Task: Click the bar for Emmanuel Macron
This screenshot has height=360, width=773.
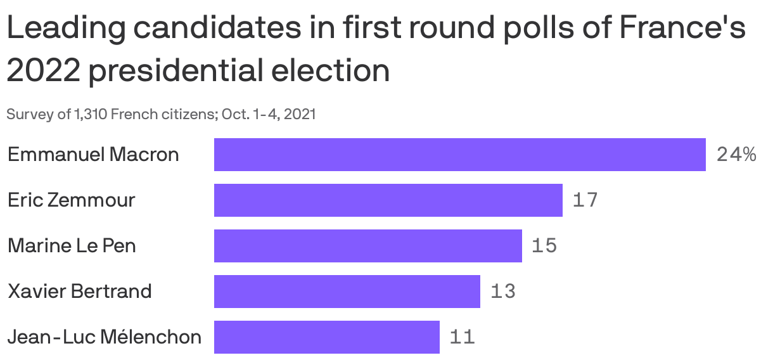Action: click(x=459, y=155)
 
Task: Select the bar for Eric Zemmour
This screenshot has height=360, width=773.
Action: click(x=388, y=200)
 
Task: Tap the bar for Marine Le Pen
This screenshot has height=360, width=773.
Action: click(x=367, y=246)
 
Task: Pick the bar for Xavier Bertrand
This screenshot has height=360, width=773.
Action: click(x=347, y=292)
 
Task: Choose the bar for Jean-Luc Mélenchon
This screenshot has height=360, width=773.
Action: click(x=326, y=337)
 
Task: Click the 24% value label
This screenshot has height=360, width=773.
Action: click(x=736, y=155)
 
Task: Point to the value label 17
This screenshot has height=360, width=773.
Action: click(x=585, y=200)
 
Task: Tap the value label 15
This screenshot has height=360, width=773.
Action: click(x=544, y=246)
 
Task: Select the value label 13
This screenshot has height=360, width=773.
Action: click(x=502, y=292)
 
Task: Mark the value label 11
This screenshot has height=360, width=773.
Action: click(x=462, y=337)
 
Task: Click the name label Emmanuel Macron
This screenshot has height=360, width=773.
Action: click(x=93, y=155)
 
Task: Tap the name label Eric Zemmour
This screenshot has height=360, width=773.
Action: click(x=71, y=200)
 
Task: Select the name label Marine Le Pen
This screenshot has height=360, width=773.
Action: click(x=72, y=246)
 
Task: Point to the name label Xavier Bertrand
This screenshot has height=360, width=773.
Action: click(x=80, y=292)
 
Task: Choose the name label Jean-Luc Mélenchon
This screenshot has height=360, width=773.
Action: click(x=105, y=337)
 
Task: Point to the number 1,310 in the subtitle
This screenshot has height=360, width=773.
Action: click(x=91, y=115)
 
